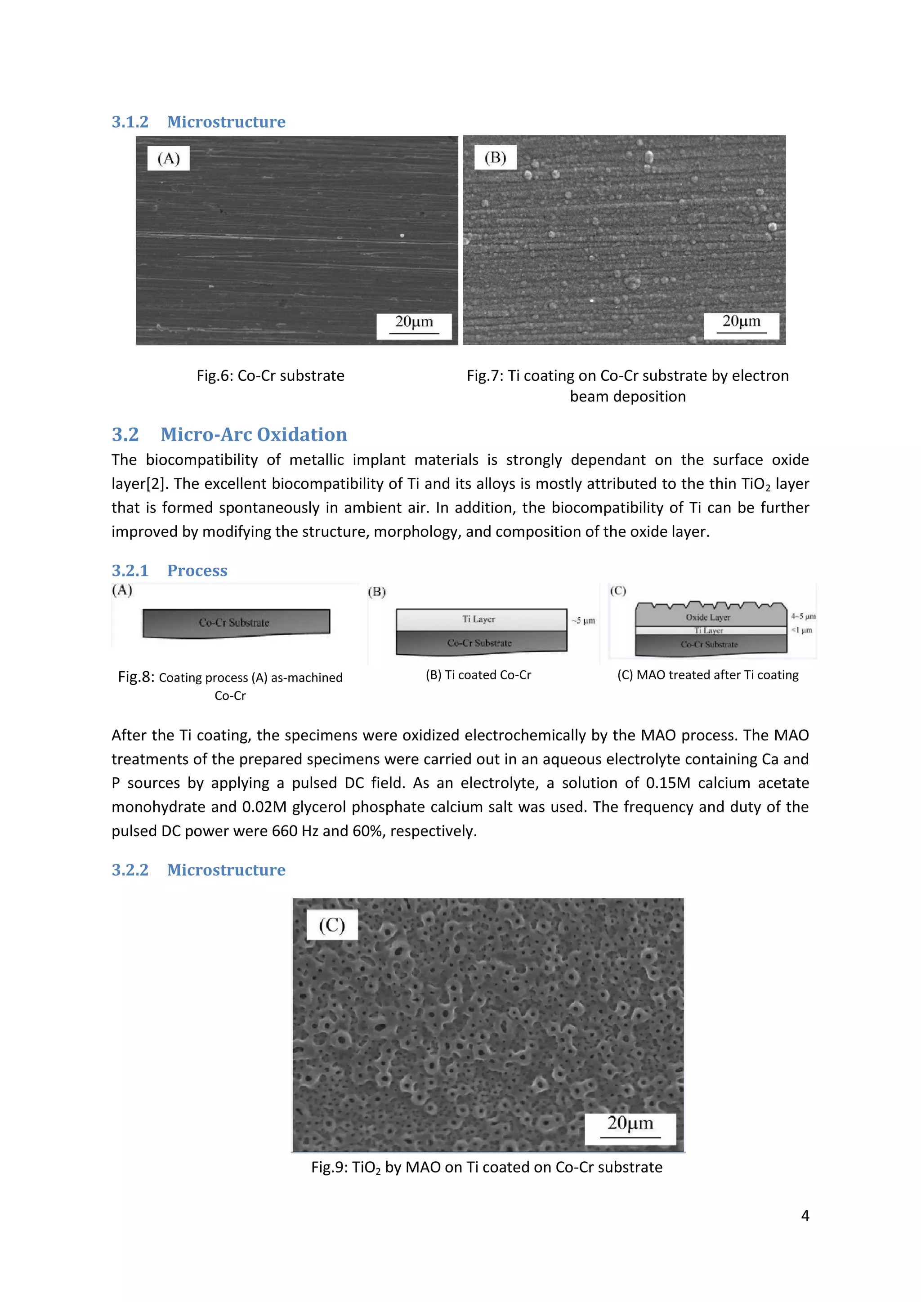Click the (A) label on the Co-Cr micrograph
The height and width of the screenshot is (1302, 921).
tap(169, 158)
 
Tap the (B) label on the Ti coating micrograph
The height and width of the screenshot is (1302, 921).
tap(495, 158)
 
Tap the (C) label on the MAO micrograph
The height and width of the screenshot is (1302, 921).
tap(332, 925)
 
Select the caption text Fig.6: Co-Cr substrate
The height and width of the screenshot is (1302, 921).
tap(271, 375)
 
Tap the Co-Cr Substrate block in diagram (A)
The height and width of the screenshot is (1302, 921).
tap(235, 623)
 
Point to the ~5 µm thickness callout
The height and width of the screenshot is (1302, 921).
tap(584, 620)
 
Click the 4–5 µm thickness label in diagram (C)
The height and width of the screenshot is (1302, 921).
tap(803, 616)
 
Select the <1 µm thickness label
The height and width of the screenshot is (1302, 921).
tap(802, 630)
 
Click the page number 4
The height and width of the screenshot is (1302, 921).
tap(805, 1215)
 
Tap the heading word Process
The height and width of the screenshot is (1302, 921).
tap(197, 571)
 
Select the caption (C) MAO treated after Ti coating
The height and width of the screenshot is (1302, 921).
tap(708, 675)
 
